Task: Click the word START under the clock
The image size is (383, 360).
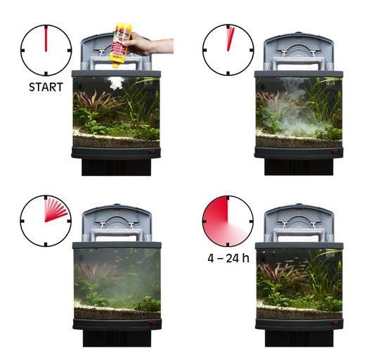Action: tap(46, 87)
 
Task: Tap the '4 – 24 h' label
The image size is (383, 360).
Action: tap(228, 258)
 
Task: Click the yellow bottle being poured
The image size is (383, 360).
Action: tap(121, 45)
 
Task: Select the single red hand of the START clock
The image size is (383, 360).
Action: tap(46, 39)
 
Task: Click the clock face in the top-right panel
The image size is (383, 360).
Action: tap(228, 50)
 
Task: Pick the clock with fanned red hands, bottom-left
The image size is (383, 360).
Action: tap(46, 221)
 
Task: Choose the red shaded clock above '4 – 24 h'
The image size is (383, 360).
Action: tap(228, 221)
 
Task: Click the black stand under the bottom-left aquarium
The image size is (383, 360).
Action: tap(117, 338)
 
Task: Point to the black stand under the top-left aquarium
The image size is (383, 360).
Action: tap(116, 167)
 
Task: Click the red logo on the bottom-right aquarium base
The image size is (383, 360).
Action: tap(334, 323)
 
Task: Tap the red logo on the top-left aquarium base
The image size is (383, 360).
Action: tap(152, 152)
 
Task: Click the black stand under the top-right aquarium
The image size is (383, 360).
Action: tap(299, 167)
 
